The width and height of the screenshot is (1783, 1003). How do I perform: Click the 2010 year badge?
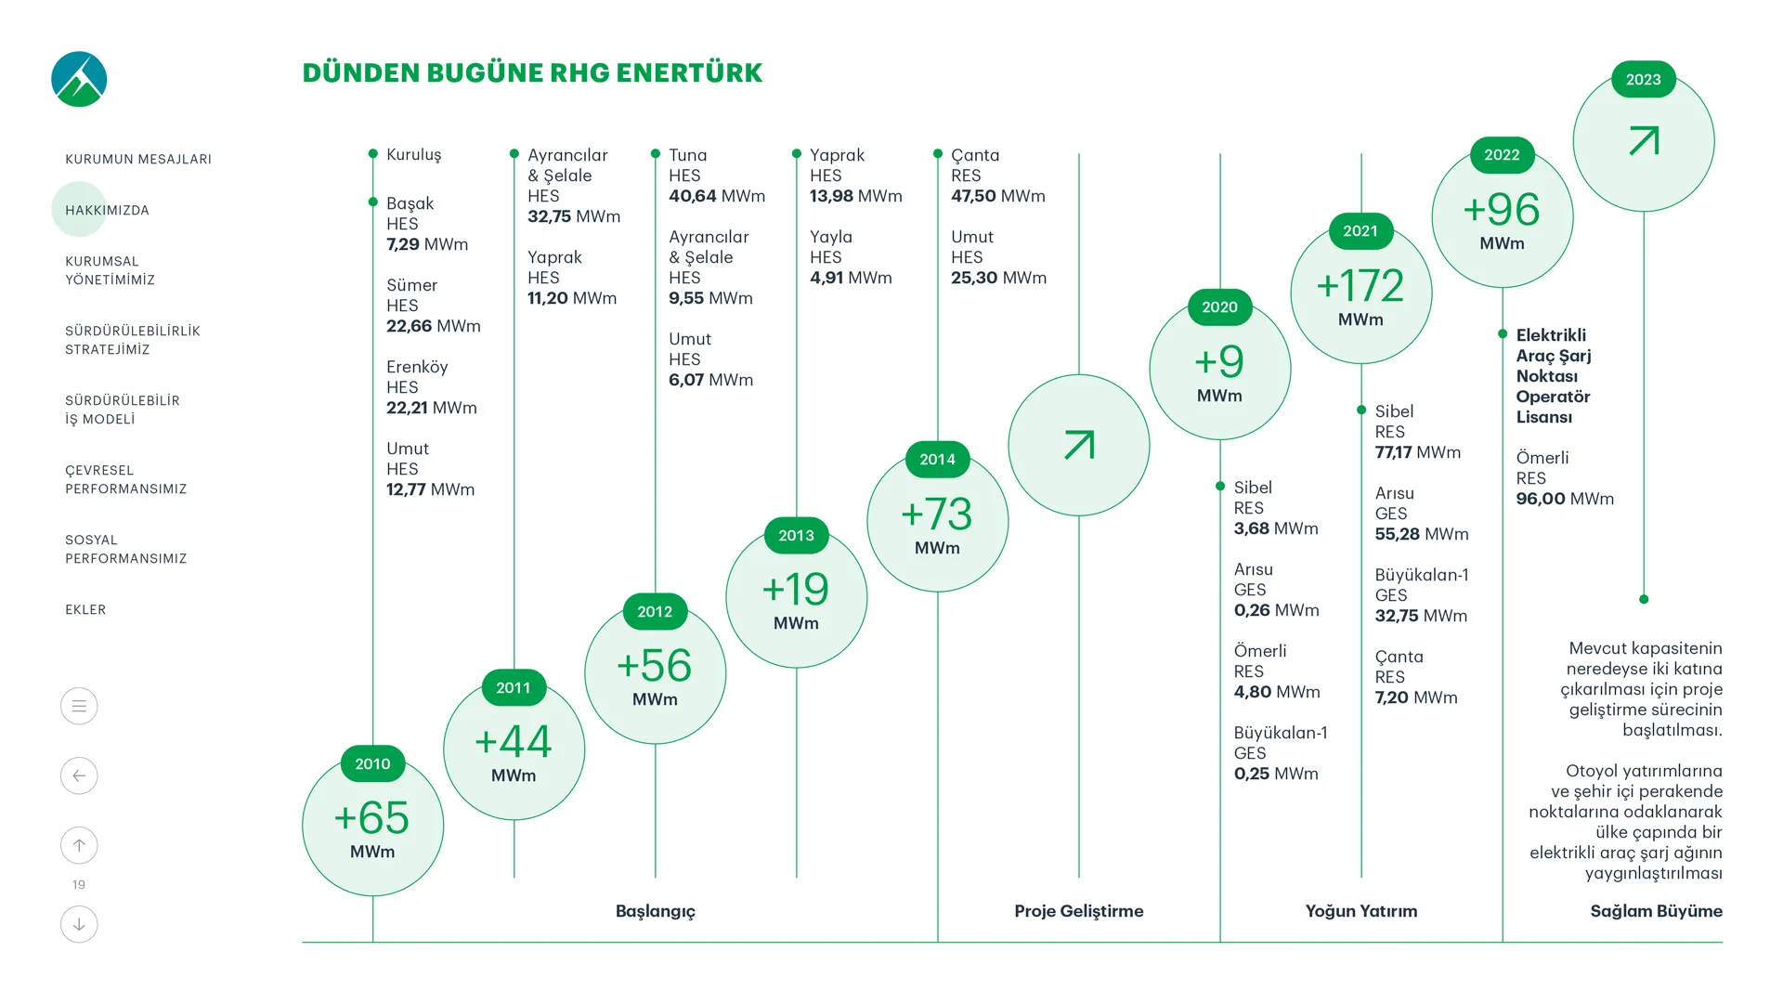pos(372,763)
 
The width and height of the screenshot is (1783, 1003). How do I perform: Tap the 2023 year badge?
pos(1643,80)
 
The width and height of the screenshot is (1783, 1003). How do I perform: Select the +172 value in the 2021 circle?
pos(1360,285)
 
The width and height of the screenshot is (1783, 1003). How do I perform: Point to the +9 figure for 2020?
pos(1219,361)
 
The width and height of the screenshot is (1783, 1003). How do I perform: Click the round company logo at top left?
pos(79,79)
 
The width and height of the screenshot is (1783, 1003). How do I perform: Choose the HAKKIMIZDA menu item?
pos(107,210)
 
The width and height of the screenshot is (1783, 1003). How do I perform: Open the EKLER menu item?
pos(85,609)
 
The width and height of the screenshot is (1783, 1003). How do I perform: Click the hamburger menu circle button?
pos(79,706)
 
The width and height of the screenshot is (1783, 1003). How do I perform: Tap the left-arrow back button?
pos(79,775)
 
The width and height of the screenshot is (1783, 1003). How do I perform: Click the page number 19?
pos(79,885)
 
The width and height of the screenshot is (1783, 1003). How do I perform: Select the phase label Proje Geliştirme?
pos(1079,911)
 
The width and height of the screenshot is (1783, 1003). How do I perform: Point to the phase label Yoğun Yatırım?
pos(1361,911)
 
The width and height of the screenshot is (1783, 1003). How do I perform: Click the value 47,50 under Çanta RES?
pos(973,196)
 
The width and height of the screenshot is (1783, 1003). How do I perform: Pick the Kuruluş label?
pos(413,154)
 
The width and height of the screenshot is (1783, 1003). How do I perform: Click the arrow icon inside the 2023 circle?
pos(1644,141)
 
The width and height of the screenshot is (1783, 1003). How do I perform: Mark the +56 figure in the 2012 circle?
pos(655,666)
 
